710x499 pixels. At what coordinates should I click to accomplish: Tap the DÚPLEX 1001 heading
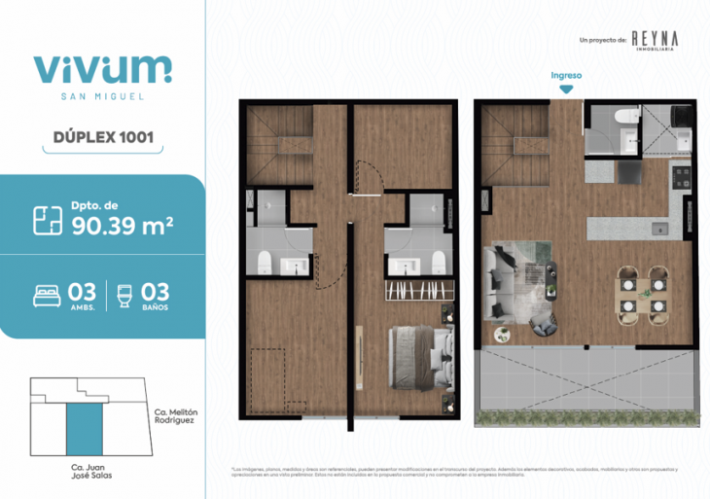coord(102,137)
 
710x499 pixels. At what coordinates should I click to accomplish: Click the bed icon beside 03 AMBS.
coord(47,295)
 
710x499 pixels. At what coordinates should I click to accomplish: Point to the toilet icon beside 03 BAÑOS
coord(124,295)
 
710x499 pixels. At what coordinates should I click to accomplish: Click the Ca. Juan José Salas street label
coord(82,478)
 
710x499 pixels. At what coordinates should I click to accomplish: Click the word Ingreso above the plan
coord(566,74)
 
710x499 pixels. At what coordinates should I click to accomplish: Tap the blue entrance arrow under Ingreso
coord(566,89)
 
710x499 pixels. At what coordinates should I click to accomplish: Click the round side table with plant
coord(503,336)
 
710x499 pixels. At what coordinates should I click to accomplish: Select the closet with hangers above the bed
coord(420,290)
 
